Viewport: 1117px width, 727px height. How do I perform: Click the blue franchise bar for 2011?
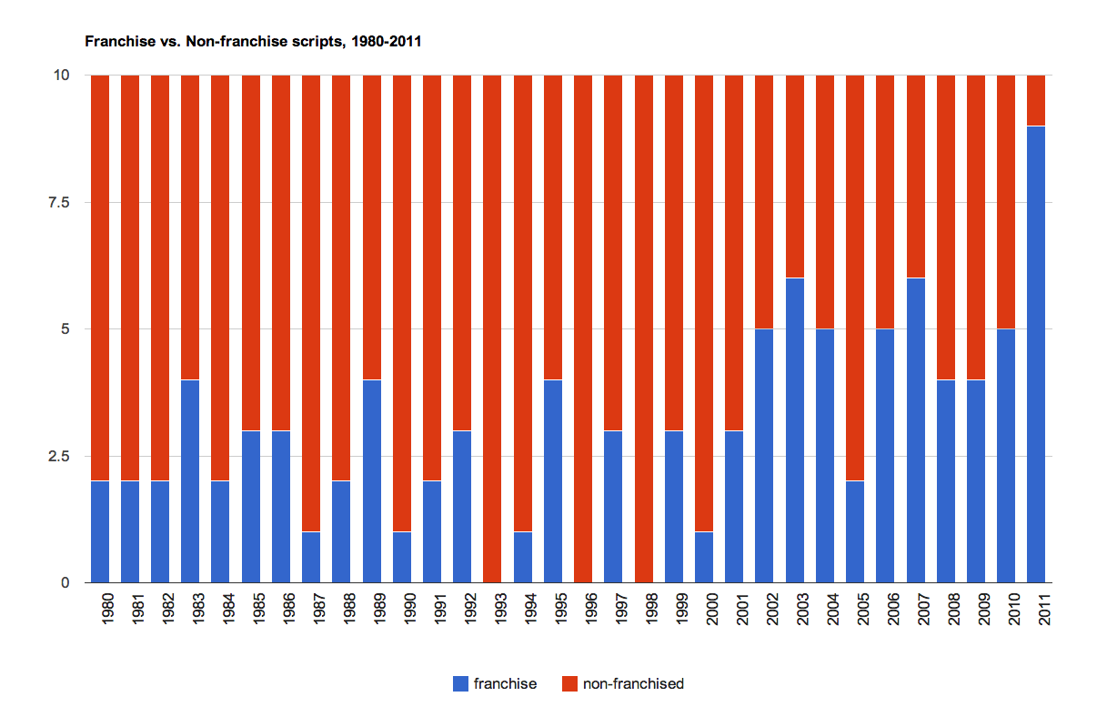1036,354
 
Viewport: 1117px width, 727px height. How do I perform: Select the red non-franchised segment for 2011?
1036,100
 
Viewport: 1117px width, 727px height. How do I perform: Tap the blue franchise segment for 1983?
190,481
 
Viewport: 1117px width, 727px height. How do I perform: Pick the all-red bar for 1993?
492,328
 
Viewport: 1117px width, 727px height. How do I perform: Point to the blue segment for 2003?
795,430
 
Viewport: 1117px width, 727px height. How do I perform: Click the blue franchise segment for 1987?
311,557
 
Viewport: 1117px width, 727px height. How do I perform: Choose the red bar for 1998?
644,328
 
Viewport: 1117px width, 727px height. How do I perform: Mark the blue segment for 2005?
855,531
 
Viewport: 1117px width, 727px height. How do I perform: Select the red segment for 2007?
916,177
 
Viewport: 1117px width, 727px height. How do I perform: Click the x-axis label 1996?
591,609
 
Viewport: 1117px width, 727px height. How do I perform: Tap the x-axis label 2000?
712,609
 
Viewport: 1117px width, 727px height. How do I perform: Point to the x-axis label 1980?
107,609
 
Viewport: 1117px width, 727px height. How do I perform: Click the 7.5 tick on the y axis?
59,202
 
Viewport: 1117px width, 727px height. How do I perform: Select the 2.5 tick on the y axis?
59,456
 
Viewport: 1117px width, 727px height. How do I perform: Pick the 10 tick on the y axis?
61,76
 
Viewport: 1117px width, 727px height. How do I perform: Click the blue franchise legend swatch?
460,683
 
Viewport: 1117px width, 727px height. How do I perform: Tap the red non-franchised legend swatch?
569,683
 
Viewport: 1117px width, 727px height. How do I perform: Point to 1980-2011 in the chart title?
386,42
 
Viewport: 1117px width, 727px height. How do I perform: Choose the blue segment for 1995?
553,481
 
